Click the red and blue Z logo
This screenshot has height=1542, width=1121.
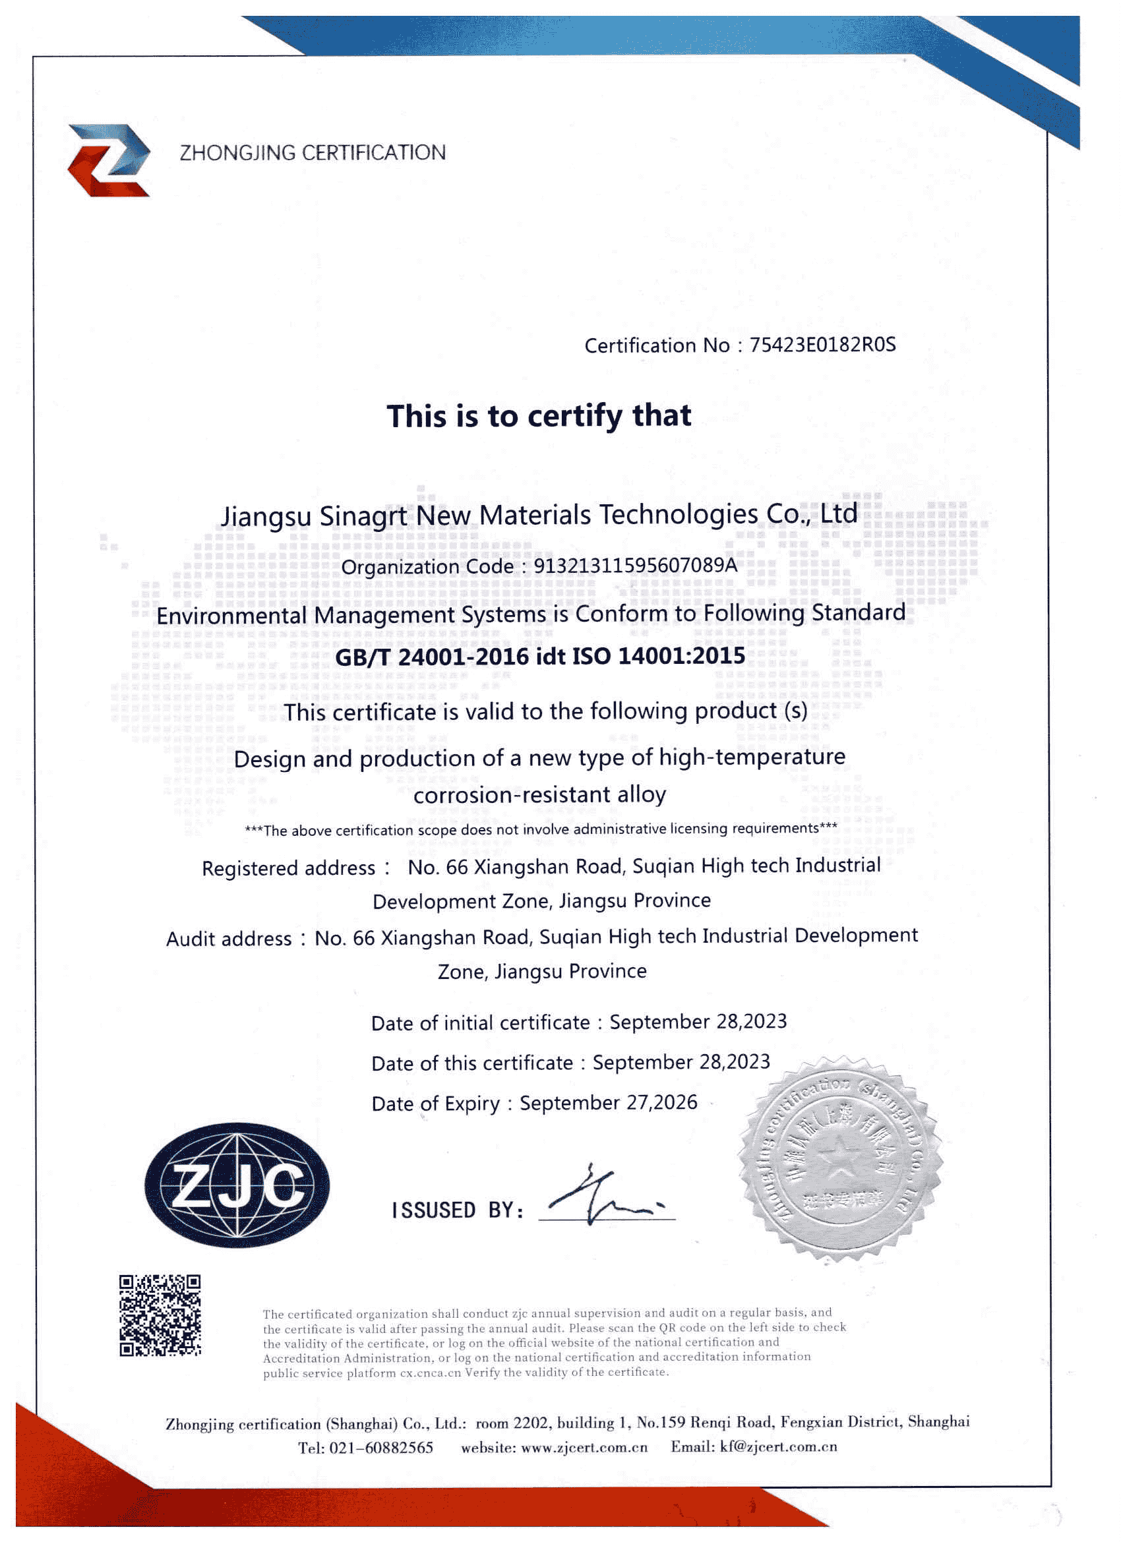109,160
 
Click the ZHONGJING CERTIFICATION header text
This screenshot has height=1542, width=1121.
312,153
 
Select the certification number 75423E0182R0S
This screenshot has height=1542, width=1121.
822,345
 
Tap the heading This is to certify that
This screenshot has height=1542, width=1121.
539,415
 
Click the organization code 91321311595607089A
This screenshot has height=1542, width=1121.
634,565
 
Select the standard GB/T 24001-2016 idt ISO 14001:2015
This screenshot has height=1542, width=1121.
540,656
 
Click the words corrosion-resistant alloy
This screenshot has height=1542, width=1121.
539,794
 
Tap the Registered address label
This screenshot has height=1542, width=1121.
288,868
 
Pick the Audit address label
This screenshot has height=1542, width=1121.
229,939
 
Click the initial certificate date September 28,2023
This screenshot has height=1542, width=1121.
698,1021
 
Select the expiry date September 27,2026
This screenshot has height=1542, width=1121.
608,1102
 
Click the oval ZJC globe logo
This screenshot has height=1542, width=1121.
237,1186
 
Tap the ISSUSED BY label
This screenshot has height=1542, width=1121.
457,1210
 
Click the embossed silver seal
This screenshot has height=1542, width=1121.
841,1158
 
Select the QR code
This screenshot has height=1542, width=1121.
160,1315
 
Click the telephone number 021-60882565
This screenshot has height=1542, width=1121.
381,1448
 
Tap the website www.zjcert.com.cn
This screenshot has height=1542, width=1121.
584,1448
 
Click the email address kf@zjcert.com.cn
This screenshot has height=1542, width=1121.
778,1446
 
